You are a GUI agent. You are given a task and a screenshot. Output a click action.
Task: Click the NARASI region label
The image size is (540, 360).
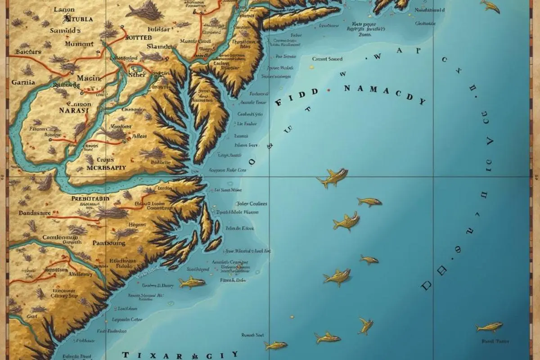pos(74,109)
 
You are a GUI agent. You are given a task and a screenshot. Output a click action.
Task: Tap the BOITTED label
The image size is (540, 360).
pos(136,38)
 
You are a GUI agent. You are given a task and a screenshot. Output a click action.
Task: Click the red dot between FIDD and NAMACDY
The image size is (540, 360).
pos(330,90)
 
